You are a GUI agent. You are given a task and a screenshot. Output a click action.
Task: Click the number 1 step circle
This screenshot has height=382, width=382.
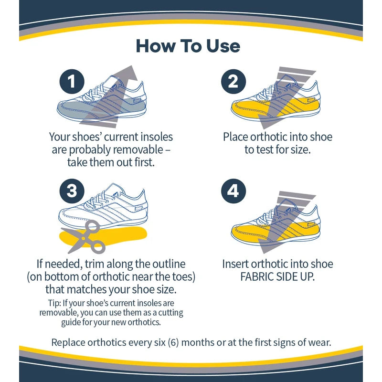click(72, 82)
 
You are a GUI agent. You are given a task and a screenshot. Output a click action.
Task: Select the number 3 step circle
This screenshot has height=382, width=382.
click(72, 191)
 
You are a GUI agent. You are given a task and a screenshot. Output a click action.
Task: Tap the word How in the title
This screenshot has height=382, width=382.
click(155, 46)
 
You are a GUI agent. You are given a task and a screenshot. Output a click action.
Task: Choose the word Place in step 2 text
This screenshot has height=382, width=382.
click(236, 138)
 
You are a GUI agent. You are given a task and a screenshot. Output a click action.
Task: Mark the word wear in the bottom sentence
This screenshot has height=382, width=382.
click(318, 343)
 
